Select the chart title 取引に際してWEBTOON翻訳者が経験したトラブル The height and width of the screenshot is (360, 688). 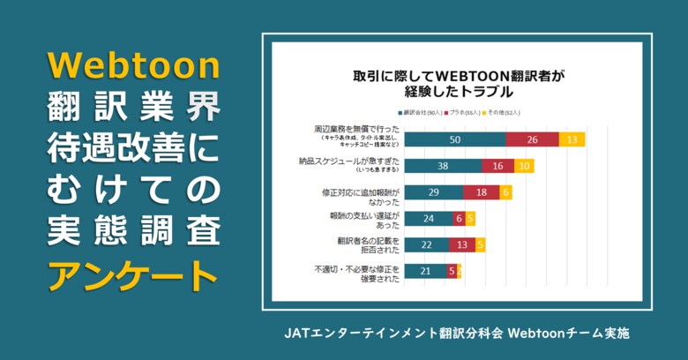coord(458,83)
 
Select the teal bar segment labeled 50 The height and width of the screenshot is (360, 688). coord(454,139)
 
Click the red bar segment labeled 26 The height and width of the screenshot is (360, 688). coord(532,139)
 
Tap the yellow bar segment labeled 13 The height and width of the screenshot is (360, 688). coord(572,139)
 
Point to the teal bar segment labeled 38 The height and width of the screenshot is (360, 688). coord(442,166)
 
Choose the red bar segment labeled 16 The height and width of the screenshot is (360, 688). coord(497,166)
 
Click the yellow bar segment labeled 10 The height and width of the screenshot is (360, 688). coord(524,166)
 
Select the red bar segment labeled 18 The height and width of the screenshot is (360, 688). coord(481,192)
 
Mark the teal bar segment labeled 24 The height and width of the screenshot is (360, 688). coord(428,218)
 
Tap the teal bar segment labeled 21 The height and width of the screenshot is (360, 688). coord(425,271)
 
